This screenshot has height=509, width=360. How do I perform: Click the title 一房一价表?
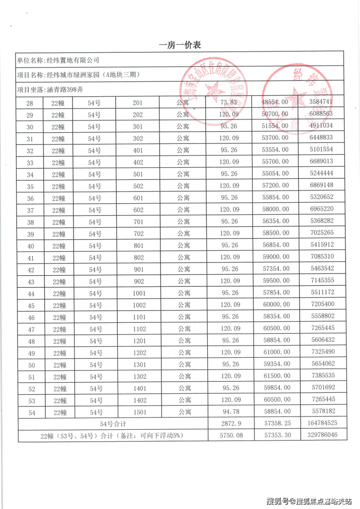click(180, 45)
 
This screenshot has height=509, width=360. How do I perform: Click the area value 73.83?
click(229, 102)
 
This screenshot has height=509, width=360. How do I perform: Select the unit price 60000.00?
click(276, 304)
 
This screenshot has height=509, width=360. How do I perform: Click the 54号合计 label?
click(113, 424)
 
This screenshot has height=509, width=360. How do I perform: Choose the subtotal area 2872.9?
click(229, 424)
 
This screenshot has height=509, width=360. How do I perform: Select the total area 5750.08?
click(229, 436)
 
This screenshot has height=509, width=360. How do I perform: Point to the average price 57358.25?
click(276, 424)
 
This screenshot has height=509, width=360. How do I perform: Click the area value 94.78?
click(229, 412)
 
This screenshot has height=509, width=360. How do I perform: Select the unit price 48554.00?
click(276, 103)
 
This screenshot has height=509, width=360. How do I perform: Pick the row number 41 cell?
click(30, 257)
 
